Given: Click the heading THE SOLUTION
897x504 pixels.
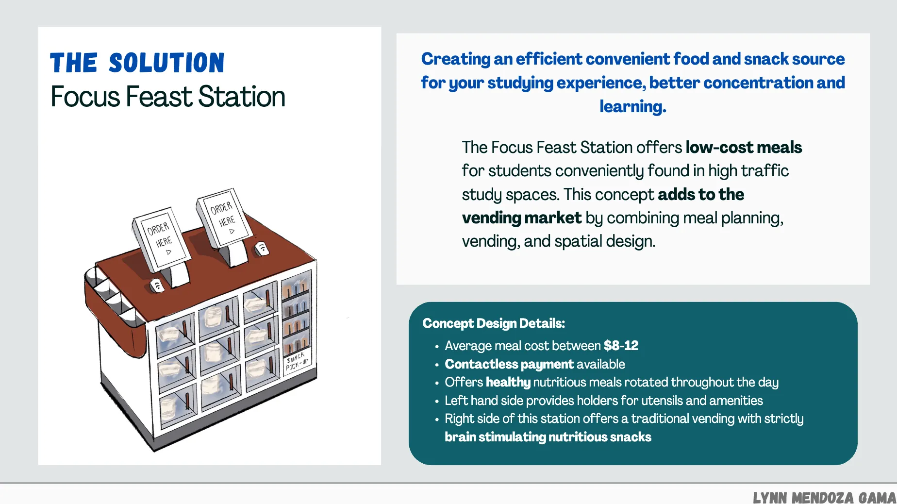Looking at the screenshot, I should point(137,63).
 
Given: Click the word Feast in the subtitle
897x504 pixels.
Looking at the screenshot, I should point(160,97).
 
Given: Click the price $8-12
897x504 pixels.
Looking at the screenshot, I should point(621,346).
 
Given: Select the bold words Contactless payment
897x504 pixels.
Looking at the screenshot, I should point(509,364).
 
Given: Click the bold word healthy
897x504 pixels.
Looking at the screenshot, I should point(508,383).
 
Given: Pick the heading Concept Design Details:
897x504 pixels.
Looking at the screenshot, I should point(494,323).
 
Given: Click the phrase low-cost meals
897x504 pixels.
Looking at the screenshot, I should point(744,148).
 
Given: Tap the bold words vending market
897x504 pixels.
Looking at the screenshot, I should point(521,218).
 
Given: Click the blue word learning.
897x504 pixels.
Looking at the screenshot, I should point(632,106).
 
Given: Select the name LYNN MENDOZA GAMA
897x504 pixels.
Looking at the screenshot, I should point(824,497).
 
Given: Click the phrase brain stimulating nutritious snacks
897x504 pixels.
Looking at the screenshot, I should point(548,437).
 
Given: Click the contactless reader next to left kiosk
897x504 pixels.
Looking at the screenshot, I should point(157,286).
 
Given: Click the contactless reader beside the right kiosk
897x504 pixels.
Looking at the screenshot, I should point(262,249).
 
